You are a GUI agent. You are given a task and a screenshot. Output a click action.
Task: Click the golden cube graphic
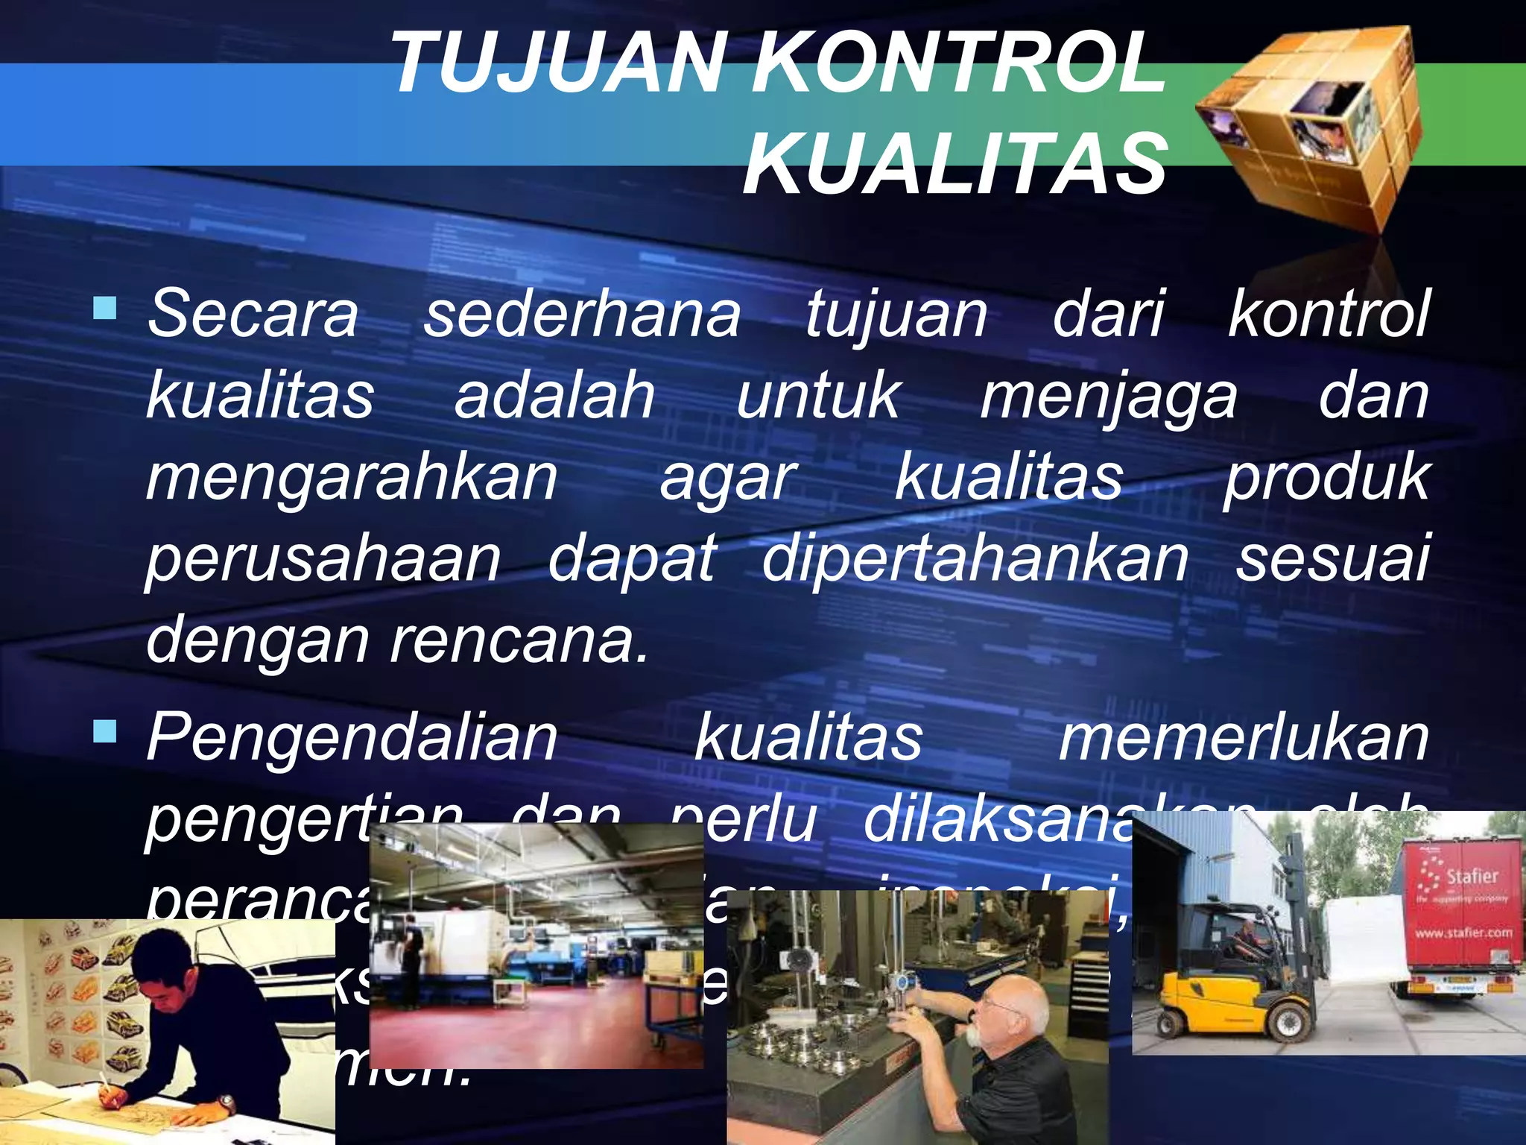click(x=1311, y=127)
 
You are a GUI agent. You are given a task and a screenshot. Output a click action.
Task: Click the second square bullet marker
click(x=105, y=731)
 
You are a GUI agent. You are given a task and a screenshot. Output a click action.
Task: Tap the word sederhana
click(x=582, y=313)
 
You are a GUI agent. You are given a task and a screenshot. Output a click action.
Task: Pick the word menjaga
click(x=1108, y=397)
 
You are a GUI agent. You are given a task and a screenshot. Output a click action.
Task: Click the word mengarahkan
click(x=352, y=478)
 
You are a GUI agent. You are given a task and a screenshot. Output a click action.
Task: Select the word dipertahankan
click(x=975, y=559)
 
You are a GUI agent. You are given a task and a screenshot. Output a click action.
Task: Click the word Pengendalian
click(x=352, y=736)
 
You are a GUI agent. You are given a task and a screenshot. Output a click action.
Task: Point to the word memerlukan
click(x=1244, y=736)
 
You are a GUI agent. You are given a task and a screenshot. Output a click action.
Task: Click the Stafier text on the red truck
click(x=1472, y=876)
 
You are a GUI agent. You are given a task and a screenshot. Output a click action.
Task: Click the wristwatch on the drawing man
click(x=225, y=1102)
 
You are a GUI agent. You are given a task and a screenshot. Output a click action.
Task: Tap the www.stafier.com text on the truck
click(x=1463, y=933)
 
